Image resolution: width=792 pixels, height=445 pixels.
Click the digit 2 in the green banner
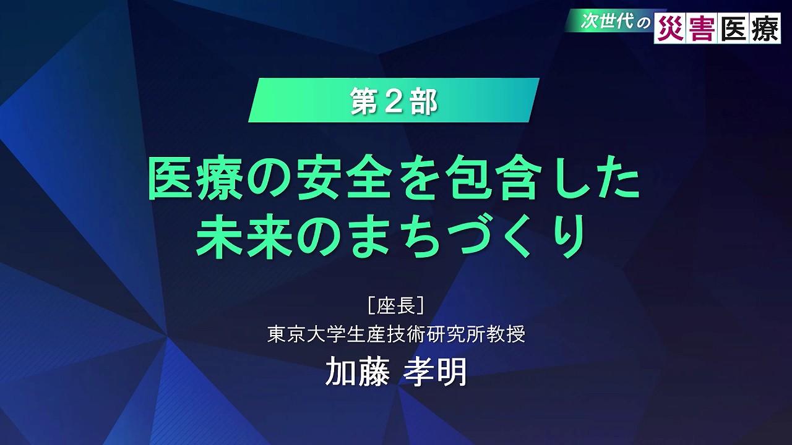point(394,102)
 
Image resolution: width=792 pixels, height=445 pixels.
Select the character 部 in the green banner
point(424,102)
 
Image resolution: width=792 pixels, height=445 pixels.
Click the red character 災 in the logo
point(670,28)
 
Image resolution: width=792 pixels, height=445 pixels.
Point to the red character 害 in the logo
point(702,28)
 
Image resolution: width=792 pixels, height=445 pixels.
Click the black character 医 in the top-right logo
point(733,28)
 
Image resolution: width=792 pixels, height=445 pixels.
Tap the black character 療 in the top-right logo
point(764,28)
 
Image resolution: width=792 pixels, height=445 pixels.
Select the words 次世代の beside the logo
point(615,22)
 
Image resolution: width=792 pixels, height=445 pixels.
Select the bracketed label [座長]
point(396,305)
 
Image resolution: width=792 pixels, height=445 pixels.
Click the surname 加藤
point(358,371)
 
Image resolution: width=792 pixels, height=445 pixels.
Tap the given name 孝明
point(435,371)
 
